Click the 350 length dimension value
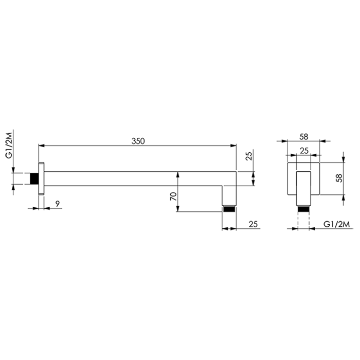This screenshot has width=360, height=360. tap(138, 140)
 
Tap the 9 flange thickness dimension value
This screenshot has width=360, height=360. tap(58, 204)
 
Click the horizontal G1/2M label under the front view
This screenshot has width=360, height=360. tap(337, 224)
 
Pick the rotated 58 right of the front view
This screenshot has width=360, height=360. tap(339, 178)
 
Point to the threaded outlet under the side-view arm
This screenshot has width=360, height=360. tap(229, 209)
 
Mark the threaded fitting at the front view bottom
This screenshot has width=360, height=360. tap(303, 209)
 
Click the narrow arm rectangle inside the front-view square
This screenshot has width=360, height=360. tap(303, 186)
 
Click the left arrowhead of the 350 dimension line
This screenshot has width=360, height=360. tap(42, 147)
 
